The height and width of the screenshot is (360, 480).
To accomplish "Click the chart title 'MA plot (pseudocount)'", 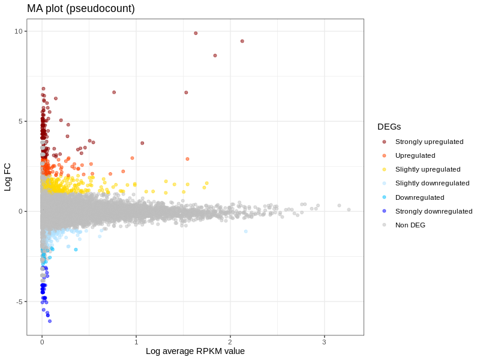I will coord(81,8).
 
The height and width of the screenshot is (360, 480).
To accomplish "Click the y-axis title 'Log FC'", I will coord(8,177).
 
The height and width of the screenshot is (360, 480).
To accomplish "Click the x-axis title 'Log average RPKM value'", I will coord(195,351).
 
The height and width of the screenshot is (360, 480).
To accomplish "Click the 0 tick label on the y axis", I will coord(21,211).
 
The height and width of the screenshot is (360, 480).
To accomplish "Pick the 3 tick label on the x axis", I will coord(324,342).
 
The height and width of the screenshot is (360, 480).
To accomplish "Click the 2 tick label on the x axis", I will coord(230,342).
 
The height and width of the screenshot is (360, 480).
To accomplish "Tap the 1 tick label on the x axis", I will coord(136,342).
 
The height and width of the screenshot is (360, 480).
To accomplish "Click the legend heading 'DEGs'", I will coord(389,127).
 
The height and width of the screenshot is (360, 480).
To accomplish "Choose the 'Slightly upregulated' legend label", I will coord(427,169).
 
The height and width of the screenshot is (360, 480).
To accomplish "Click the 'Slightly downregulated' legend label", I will coord(432,183).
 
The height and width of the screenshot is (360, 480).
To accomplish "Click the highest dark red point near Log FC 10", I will coord(196,33).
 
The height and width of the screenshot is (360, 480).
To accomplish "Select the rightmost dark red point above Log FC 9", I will coord(242,41).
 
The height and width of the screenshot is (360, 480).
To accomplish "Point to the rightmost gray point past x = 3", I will coord(349,210).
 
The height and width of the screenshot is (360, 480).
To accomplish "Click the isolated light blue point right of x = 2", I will coord(246,232).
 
